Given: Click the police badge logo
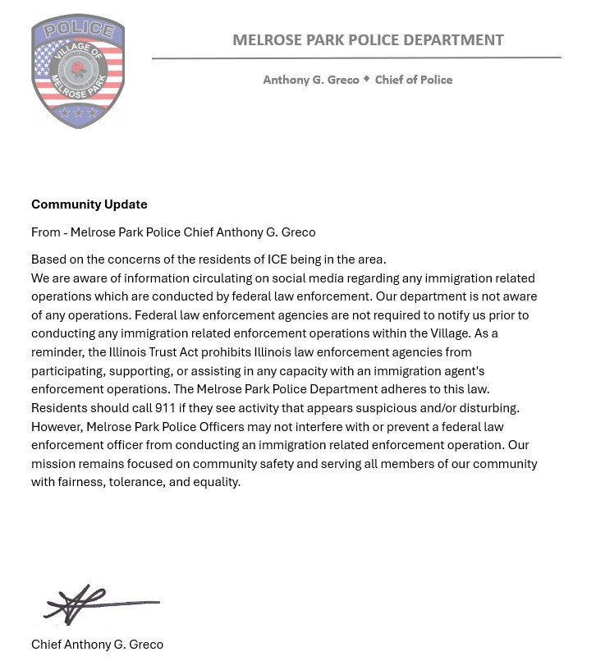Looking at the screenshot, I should click(x=78, y=71).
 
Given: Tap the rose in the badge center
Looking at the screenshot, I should click(x=79, y=70).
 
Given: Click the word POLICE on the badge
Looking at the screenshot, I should click(x=78, y=31).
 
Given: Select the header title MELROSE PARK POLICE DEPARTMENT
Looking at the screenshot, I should click(x=368, y=39).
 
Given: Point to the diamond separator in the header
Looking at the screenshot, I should click(x=367, y=79).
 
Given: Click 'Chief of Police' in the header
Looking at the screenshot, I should click(x=414, y=80).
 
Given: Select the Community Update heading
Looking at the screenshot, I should click(x=89, y=204).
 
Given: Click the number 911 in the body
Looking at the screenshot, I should click(x=165, y=408).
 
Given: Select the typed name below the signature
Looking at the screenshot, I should click(x=97, y=645).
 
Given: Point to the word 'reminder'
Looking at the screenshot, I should click(x=58, y=352).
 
